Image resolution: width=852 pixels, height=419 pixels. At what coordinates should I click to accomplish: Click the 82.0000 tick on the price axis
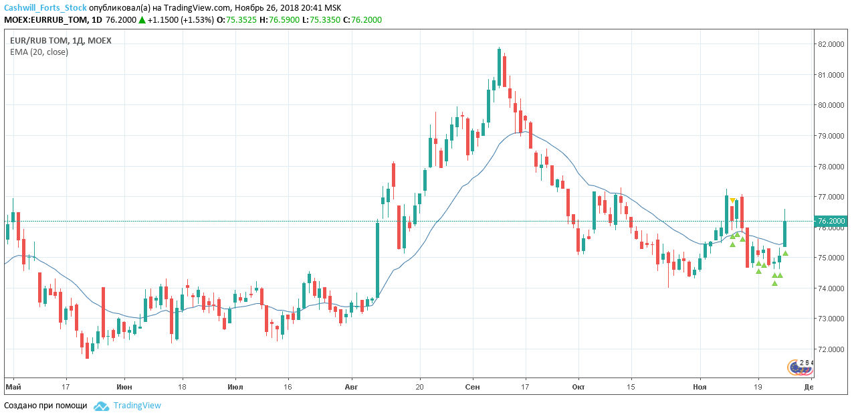831,44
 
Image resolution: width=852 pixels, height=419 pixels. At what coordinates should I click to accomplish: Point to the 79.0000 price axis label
831,136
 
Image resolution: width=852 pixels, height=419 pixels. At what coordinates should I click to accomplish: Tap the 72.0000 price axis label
831,349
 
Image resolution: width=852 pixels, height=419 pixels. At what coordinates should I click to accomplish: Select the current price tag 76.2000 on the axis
831,221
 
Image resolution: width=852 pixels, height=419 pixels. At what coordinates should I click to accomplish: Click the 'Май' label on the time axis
13,387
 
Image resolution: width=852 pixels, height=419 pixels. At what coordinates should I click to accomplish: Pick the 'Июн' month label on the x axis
124,387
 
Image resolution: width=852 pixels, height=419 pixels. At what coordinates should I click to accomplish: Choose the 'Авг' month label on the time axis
351,387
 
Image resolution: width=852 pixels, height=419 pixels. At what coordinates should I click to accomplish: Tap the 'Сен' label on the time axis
472,387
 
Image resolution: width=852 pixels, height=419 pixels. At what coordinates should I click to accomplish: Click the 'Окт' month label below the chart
578,387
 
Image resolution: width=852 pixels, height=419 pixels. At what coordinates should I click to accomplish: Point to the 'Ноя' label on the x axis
700,387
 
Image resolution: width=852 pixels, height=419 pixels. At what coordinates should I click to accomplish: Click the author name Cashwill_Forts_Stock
45,7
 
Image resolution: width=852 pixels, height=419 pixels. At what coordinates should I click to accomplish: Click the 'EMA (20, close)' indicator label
39,52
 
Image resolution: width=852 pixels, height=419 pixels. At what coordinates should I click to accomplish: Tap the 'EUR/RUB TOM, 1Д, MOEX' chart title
61,40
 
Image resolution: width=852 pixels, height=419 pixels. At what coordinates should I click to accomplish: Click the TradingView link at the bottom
137,406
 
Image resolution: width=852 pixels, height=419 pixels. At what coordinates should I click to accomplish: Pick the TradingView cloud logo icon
101,406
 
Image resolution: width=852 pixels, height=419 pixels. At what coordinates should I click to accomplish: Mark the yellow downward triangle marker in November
733,200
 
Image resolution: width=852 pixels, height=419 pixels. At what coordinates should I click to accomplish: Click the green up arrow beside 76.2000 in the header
142,20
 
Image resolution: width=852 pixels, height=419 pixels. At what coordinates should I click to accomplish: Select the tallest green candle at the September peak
499,67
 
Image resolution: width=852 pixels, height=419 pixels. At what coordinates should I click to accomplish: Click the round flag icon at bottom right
796,367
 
